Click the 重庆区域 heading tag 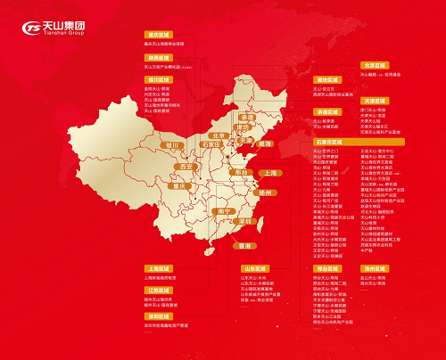point(157,35)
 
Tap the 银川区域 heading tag point(157,79)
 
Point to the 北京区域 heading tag point(375,65)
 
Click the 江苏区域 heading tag point(157,290)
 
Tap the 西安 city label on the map point(186,166)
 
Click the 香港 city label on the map point(241,244)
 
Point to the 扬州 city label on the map point(265,192)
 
